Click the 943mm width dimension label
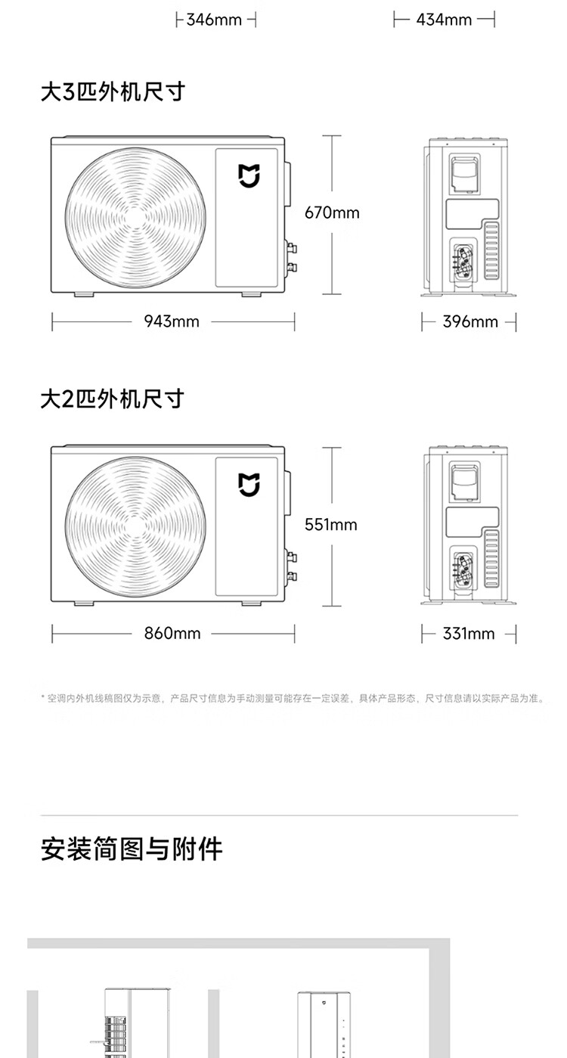(172, 322)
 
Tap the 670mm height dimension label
(332, 213)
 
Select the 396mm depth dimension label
(469, 322)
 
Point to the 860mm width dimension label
(172, 634)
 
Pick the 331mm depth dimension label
(468, 634)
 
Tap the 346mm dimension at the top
(214, 20)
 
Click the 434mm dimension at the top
(444, 20)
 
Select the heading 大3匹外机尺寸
(113, 92)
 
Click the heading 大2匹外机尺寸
(112, 399)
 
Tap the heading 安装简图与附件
(132, 849)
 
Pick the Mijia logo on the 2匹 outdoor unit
(249, 486)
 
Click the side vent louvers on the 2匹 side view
(492, 560)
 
